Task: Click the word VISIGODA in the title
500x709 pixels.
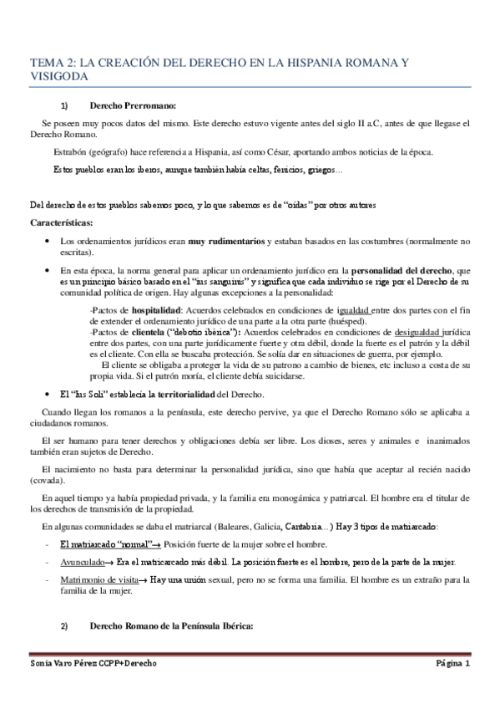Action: pos(58,75)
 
